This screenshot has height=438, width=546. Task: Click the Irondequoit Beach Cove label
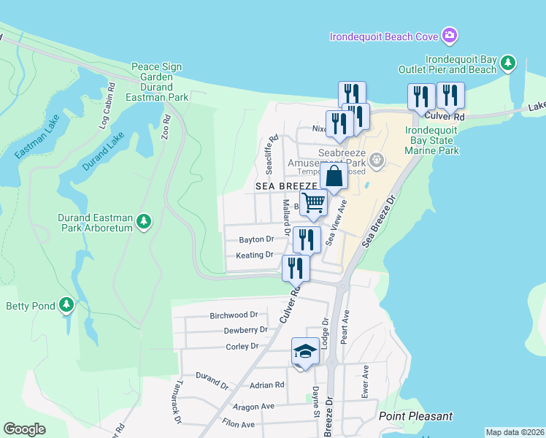point(383,36)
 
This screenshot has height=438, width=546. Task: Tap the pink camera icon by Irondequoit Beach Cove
point(450,35)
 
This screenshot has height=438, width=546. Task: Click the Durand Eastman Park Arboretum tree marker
point(144,220)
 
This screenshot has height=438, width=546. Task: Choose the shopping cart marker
point(313,203)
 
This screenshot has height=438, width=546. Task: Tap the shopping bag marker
point(334,176)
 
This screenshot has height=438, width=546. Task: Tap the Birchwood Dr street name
point(234,315)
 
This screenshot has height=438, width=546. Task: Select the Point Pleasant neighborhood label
point(415,417)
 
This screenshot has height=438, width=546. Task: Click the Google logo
point(25,429)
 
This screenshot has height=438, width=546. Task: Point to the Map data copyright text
point(515,432)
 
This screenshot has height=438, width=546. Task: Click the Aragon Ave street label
point(253,406)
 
